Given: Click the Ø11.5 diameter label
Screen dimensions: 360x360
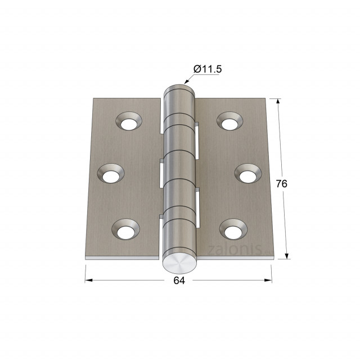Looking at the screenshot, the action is pyautogui.click(x=208, y=69).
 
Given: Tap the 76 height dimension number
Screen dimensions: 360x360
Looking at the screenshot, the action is pyautogui.click(x=281, y=184).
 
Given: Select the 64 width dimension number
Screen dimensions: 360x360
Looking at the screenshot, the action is pyautogui.click(x=179, y=281).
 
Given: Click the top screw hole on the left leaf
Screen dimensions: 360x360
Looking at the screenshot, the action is pyautogui.click(x=129, y=121).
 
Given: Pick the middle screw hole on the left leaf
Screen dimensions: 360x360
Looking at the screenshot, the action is pyautogui.click(x=111, y=173).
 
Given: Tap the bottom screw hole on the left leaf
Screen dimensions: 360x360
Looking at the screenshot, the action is pyautogui.click(x=125, y=229).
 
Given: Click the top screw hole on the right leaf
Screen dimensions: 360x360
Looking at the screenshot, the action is pyautogui.click(x=229, y=121).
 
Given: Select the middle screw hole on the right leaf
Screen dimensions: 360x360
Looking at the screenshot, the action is pyautogui.click(x=248, y=173).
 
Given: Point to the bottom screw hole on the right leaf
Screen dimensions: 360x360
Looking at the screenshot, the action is pyautogui.click(x=233, y=229).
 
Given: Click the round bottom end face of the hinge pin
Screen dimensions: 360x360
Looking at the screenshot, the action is pyautogui.click(x=179, y=264).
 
